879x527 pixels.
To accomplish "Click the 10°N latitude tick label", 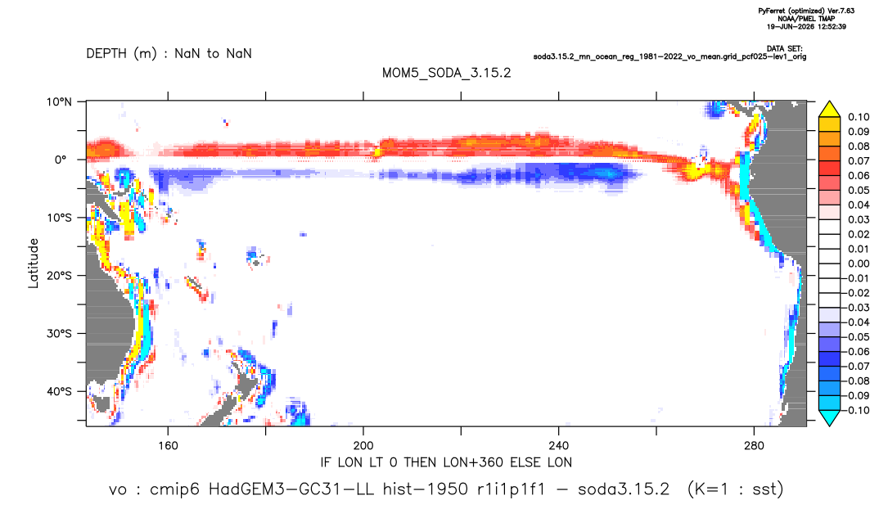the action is pyautogui.click(x=60, y=102).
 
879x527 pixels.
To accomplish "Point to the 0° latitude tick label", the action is pyautogui.click(x=61, y=160).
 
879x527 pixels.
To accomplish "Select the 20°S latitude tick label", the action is pyautogui.click(x=59, y=276).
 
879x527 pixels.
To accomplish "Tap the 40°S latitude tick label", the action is pyautogui.click(x=59, y=391).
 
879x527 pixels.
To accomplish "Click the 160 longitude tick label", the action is pyautogui.click(x=168, y=446).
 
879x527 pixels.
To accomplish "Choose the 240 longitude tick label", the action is pyautogui.click(x=559, y=446).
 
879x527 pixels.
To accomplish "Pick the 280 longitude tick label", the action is pyautogui.click(x=754, y=446).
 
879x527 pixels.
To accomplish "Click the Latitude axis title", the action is pyautogui.click(x=34, y=263).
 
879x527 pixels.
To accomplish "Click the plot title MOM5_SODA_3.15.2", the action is pyautogui.click(x=447, y=74).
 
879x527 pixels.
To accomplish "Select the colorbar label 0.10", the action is pyautogui.click(x=859, y=117).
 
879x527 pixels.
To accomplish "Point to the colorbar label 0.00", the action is pyautogui.click(x=859, y=263).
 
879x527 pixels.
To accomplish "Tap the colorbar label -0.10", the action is pyautogui.click(x=856, y=410).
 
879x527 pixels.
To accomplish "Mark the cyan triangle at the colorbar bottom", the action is pyautogui.click(x=830, y=417).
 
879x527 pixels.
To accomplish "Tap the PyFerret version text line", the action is pyautogui.click(x=806, y=11).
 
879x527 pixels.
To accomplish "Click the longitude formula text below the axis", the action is pyautogui.click(x=446, y=462).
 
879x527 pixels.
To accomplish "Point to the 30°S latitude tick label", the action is pyautogui.click(x=59, y=334).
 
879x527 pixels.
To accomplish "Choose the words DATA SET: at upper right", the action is pyautogui.click(x=784, y=49).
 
